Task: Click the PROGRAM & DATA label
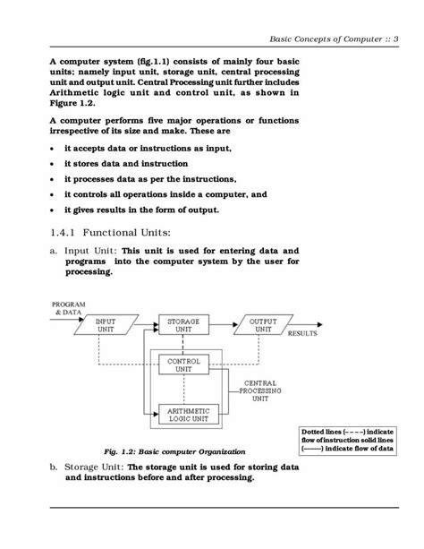68,308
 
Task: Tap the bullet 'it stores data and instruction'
125,164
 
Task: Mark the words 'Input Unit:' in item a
89,252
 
